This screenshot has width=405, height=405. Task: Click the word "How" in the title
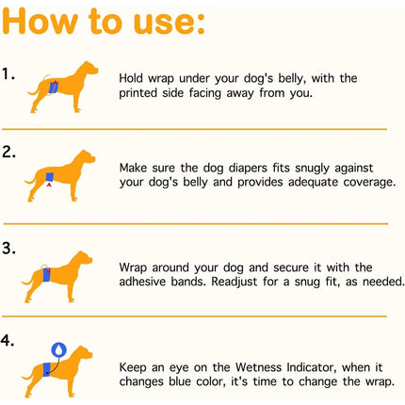tap(40, 22)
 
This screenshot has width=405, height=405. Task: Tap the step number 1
tap(8, 74)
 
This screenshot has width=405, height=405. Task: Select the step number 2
tap(8, 152)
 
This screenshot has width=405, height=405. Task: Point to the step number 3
tap(8, 248)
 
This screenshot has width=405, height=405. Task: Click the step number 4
tap(8, 340)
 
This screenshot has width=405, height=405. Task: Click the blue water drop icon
tap(58, 349)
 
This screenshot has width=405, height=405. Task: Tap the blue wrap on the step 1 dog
tap(54, 87)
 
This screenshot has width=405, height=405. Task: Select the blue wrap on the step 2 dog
tap(50, 177)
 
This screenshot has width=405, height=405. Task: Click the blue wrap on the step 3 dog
tap(46, 275)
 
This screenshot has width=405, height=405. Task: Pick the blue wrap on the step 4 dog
tap(46, 369)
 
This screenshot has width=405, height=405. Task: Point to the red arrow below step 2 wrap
tap(49, 185)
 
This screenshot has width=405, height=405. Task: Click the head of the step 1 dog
tap(89, 69)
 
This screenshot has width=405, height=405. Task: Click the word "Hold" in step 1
tap(131, 78)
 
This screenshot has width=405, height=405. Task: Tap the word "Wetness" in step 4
tap(259, 367)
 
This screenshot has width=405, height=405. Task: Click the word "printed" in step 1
tap(138, 93)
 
